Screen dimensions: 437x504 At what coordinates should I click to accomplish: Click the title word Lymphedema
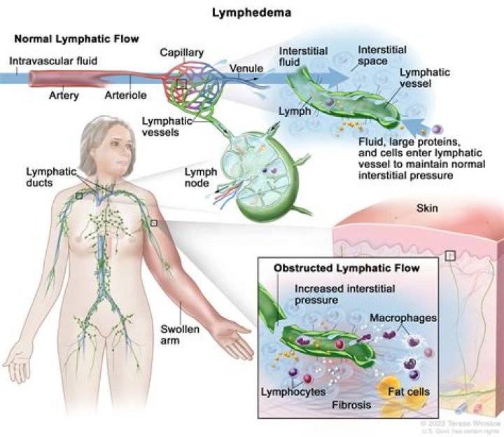tap(251, 13)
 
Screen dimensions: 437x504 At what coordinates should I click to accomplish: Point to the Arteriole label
tap(125, 93)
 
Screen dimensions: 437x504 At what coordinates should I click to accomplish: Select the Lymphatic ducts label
tap(46, 176)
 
